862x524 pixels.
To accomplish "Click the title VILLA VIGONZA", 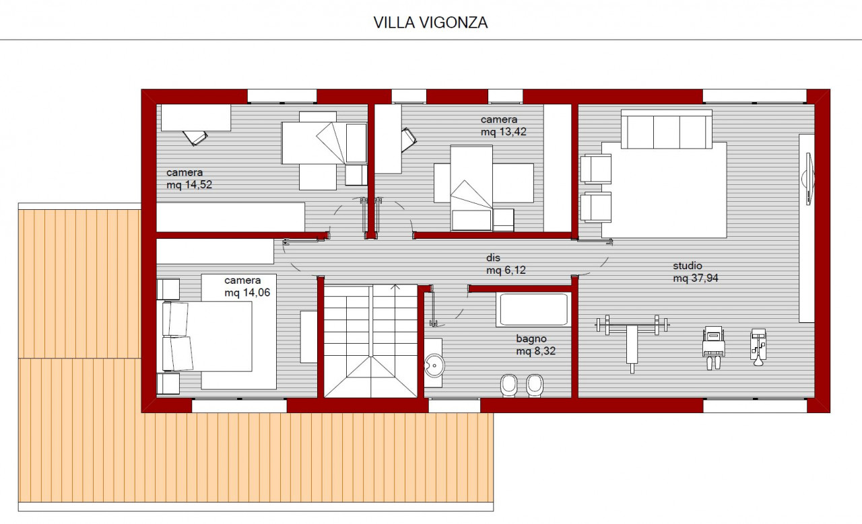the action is click(430, 22).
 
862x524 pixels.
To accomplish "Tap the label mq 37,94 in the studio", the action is click(696, 278).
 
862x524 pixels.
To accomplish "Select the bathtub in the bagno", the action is click(533, 309).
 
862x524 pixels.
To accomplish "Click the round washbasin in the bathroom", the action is click(434, 365).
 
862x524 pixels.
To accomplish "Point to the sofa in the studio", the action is click(667, 130).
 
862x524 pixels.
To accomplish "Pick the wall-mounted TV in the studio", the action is click(809, 179).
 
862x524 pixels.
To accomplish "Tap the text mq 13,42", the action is click(503, 132).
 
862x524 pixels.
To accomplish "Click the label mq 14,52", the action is click(189, 185).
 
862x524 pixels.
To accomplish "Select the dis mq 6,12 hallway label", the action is click(506, 264).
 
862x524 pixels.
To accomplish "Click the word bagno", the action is click(531, 339).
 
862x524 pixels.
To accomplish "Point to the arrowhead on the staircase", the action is click(395, 287).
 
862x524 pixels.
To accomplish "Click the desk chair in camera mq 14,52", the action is click(195, 138).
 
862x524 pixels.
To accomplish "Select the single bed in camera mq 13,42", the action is click(471, 188).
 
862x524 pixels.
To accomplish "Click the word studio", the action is click(688, 266).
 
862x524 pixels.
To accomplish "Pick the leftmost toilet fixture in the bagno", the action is click(509, 385).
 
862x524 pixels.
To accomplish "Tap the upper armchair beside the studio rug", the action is click(596, 168).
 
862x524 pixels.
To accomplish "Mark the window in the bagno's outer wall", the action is click(455, 406).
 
